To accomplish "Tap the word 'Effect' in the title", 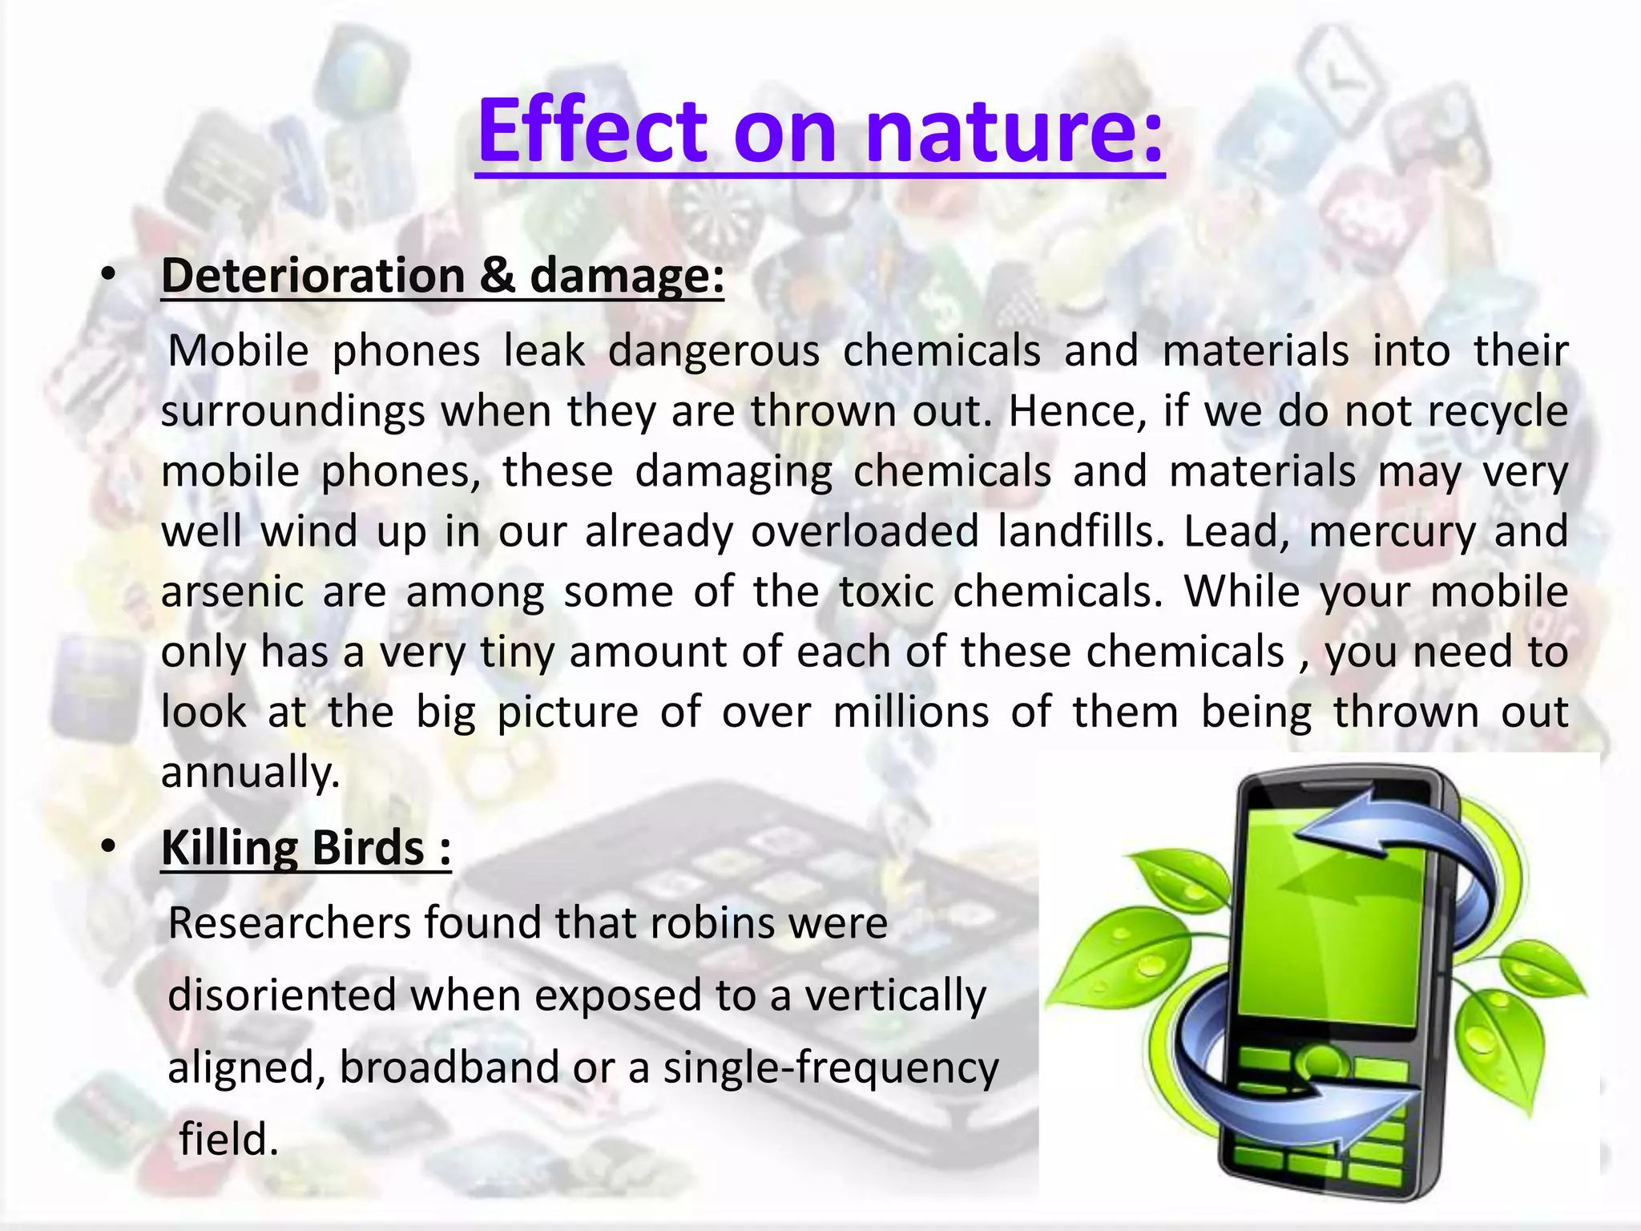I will click(593, 130).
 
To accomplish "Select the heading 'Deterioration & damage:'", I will click(442, 276).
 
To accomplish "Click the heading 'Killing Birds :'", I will click(306, 848).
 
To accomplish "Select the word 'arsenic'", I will click(232, 592).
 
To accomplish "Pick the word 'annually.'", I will click(251, 773).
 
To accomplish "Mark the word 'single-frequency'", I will click(831, 1068).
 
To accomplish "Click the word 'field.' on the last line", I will click(228, 1140).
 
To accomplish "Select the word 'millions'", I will click(911, 712).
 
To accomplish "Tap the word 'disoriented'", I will click(283, 995).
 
